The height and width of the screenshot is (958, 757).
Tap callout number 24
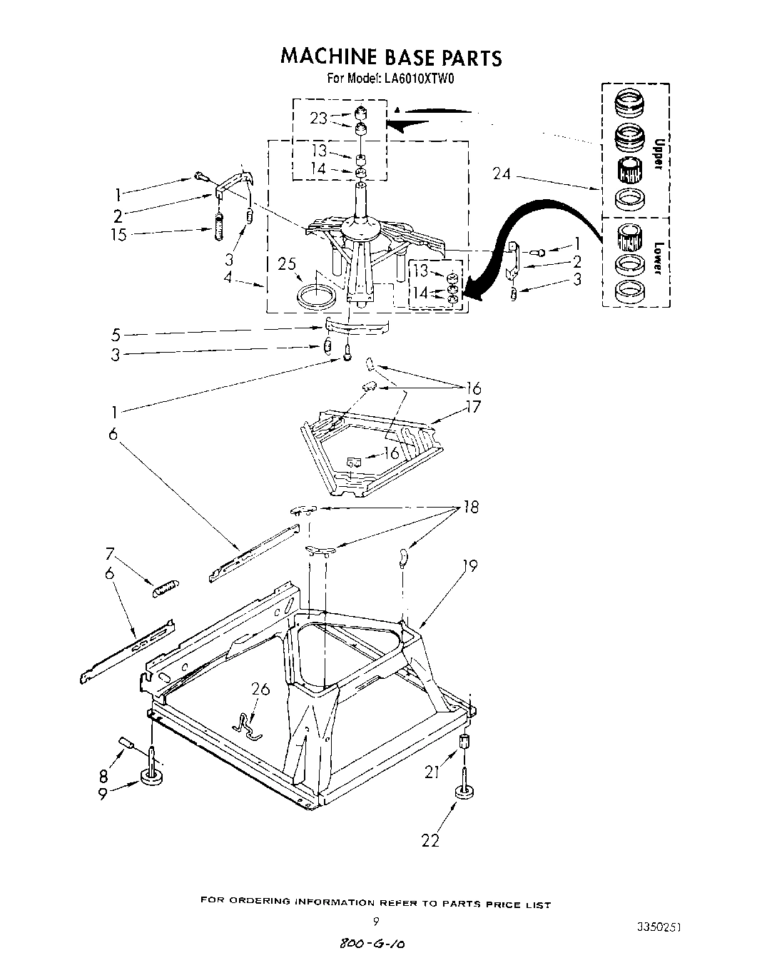pyautogui.click(x=502, y=173)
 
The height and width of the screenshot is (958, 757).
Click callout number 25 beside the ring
pyautogui.click(x=288, y=264)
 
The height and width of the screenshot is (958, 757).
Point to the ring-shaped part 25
pyautogui.click(x=315, y=294)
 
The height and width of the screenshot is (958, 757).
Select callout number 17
pyautogui.click(x=472, y=408)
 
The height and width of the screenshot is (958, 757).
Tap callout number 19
pyautogui.click(x=469, y=565)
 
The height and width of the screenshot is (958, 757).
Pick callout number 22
pyautogui.click(x=430, y=840)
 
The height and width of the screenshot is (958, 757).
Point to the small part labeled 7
pyautogui.click(x=165, y=588)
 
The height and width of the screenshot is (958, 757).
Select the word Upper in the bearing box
pyautogui.click(x=659, y=155)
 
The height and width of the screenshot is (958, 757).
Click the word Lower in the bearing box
pyautogui.click(x=659, y=258)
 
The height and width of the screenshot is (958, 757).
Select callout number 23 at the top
pyautogui.click(x=318, y=119)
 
